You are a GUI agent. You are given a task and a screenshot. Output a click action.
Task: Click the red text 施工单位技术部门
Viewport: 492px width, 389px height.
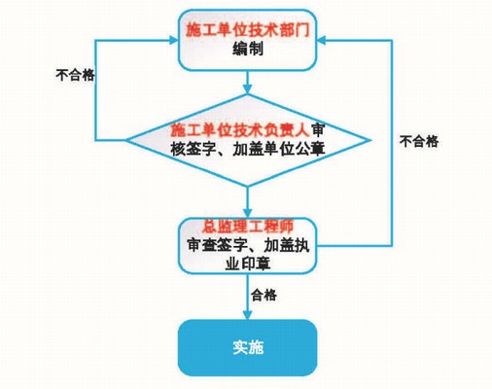(x=248, y=31)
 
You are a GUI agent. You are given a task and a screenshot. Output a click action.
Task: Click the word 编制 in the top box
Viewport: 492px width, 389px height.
(x=248, y=50)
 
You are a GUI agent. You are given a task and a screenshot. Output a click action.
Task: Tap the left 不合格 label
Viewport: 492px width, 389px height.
(x=75, y=75)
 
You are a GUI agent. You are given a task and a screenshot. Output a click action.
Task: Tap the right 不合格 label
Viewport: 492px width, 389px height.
(x=419, y=141)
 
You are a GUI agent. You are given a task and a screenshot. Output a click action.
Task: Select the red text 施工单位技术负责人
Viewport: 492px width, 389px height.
(x=240, y=130)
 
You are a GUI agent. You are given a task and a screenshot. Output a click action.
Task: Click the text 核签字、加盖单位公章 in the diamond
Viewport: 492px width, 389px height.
(x=248, y=150)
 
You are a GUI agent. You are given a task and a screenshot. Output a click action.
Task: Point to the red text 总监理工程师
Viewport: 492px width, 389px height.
(x=248, y=226)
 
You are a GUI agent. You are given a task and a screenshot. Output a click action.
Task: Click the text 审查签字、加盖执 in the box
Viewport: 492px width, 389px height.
(x=248, y=245)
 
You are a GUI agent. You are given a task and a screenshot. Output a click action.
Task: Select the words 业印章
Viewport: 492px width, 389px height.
(x=248, y=264)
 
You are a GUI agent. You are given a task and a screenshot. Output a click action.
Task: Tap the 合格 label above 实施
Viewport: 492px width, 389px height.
(x=264, y=296)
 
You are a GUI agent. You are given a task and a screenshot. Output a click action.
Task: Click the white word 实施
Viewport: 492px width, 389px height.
(x=248, y=347)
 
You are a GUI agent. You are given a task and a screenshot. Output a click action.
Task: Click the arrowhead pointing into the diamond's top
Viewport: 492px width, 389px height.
(x=248, y=89)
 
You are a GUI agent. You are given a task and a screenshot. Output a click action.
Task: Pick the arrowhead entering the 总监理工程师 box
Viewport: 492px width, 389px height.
(x=248, y=213)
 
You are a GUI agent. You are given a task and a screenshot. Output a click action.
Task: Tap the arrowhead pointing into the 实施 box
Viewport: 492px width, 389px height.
(x=248, y=314)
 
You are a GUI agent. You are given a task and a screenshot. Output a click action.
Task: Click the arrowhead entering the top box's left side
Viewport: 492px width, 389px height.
(x=174, y=40)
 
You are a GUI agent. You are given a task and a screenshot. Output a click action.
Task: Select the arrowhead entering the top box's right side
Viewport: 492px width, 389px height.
(x=321, y=40)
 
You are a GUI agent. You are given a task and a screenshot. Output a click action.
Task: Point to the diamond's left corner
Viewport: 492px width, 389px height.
(x=126, y=140)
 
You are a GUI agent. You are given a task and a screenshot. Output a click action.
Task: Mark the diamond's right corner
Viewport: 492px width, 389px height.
(x=370, y=140)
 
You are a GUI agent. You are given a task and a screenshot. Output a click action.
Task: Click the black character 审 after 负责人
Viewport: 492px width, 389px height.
(x=318, y=130)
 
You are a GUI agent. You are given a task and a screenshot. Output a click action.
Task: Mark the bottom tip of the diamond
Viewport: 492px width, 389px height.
(x=248, y=186)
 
